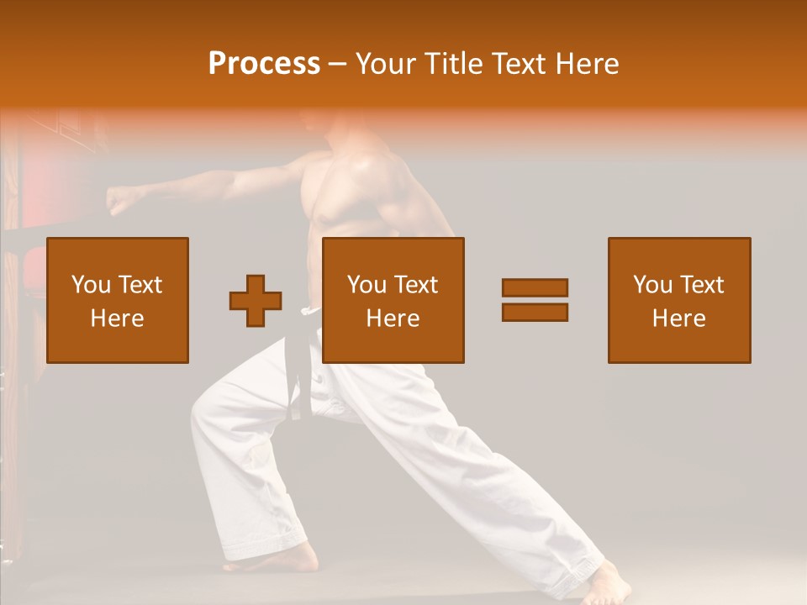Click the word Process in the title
[x=264, y=64]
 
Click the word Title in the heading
[x=454, y=64]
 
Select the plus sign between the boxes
[x=256, y=301]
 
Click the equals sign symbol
[x=535, y=300]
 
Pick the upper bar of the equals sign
[x=535, y=287]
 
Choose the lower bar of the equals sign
[x=535, y=313]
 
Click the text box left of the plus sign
[x=118, y=300]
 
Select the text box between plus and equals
[x=393, y=300]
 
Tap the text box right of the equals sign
[x=679, y=300]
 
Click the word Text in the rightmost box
[x=701, y=285]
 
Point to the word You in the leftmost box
[x=91, y=285]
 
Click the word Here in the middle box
[x=393, y=318]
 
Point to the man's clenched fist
[x=124, y=200]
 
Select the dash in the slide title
[x=338, y=64]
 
